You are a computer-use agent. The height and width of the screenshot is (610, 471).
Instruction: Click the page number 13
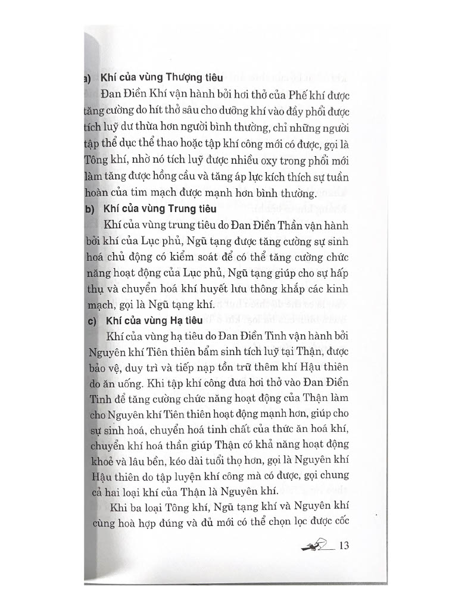pyautogui.click(x=342, y=546)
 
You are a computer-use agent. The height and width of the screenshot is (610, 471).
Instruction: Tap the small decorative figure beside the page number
pyautogui.click(x=314, y=545)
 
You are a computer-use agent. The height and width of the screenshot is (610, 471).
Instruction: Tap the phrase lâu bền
pyautogui.click(x=155, y=459)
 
